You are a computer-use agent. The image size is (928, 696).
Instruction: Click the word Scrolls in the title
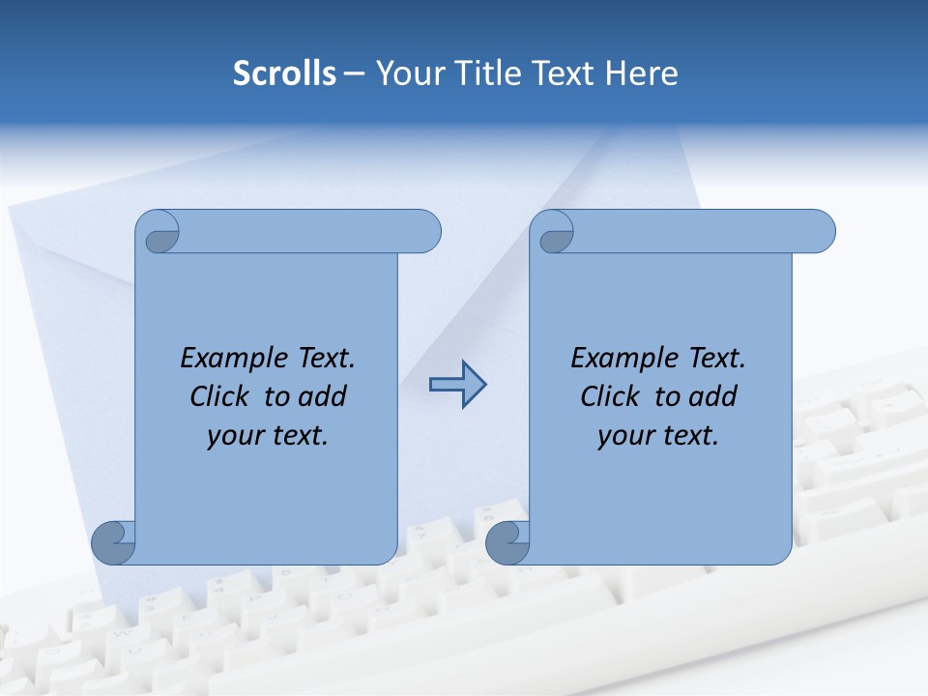[x=284, y=73]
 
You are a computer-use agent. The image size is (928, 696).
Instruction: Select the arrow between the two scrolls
[x=457, y=385]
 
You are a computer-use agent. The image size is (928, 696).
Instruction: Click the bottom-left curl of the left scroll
[x=114, y=542]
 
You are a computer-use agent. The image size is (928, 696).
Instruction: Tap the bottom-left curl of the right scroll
[x=507, y=542]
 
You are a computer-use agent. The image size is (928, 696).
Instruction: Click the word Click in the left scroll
[x=221, y=396]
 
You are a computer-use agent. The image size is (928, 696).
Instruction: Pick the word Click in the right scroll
[x=610, y=396]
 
